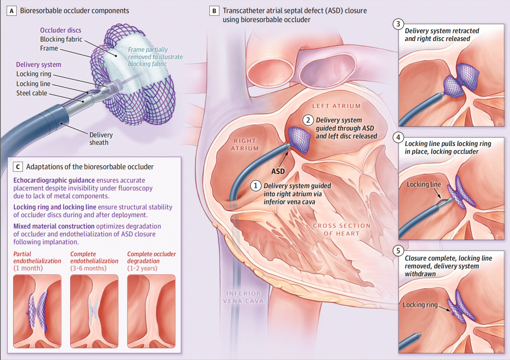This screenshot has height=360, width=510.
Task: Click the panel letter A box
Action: [x=12, y=11]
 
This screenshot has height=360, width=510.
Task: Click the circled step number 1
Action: [x=255, y=186]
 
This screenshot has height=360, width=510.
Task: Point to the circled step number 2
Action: [x=308, y=119]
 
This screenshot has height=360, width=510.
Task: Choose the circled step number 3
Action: [x=398, y=24]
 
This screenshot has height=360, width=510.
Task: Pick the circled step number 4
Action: [x=398, y=138]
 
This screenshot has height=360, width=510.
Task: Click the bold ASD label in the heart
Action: [x=278, y=171]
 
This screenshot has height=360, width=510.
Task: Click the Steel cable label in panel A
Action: [x=31, y=93]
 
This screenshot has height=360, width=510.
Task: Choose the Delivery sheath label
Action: [x=101, y=138]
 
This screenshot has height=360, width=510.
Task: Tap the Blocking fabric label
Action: [x=61, y=39]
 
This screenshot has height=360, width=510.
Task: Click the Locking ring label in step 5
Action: [x=420, y=305]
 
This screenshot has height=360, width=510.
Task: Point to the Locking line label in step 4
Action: [x=424, y=185]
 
